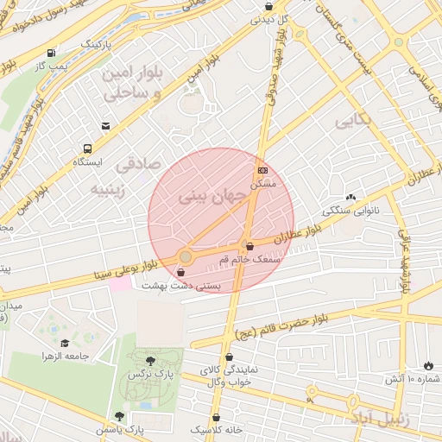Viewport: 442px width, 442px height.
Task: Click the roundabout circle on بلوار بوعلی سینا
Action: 185,256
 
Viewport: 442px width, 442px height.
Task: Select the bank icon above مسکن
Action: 262,170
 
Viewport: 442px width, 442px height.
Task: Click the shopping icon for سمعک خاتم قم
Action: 249,246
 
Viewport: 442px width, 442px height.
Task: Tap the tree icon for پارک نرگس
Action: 152,361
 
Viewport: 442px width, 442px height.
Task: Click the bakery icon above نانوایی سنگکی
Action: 350,198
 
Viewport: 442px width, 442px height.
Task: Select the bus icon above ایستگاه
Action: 87,148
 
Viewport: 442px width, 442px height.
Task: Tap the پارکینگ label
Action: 95,42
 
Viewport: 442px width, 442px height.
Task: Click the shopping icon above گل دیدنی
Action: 268,5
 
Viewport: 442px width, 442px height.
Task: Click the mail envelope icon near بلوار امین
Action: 105,126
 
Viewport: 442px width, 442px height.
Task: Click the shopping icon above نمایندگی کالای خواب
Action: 229,357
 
